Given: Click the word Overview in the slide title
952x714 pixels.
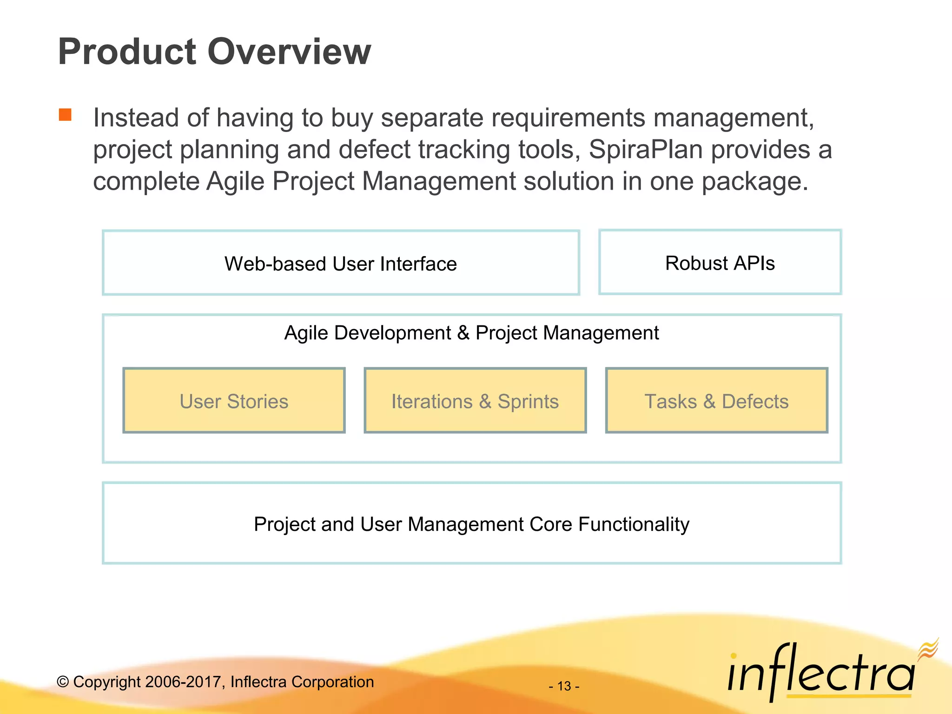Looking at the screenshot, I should (289, 52).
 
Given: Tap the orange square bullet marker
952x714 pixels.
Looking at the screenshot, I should (65, 114).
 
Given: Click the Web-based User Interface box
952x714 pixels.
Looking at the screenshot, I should (341, 263).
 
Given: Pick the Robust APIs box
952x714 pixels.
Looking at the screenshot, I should (720, 263).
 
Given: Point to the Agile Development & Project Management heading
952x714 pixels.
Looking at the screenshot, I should (471, 333).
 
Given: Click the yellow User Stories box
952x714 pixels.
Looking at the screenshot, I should (234, 401).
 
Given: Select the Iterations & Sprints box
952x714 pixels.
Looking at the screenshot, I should (475, 401).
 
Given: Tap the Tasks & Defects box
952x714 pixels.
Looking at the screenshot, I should (716, 401).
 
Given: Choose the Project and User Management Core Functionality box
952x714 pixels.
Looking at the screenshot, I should (471, 524).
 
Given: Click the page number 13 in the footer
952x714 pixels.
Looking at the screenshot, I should (564, 686).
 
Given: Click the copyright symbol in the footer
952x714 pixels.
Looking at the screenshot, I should (63, 682).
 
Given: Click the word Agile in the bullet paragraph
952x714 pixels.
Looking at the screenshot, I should (235, 181).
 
